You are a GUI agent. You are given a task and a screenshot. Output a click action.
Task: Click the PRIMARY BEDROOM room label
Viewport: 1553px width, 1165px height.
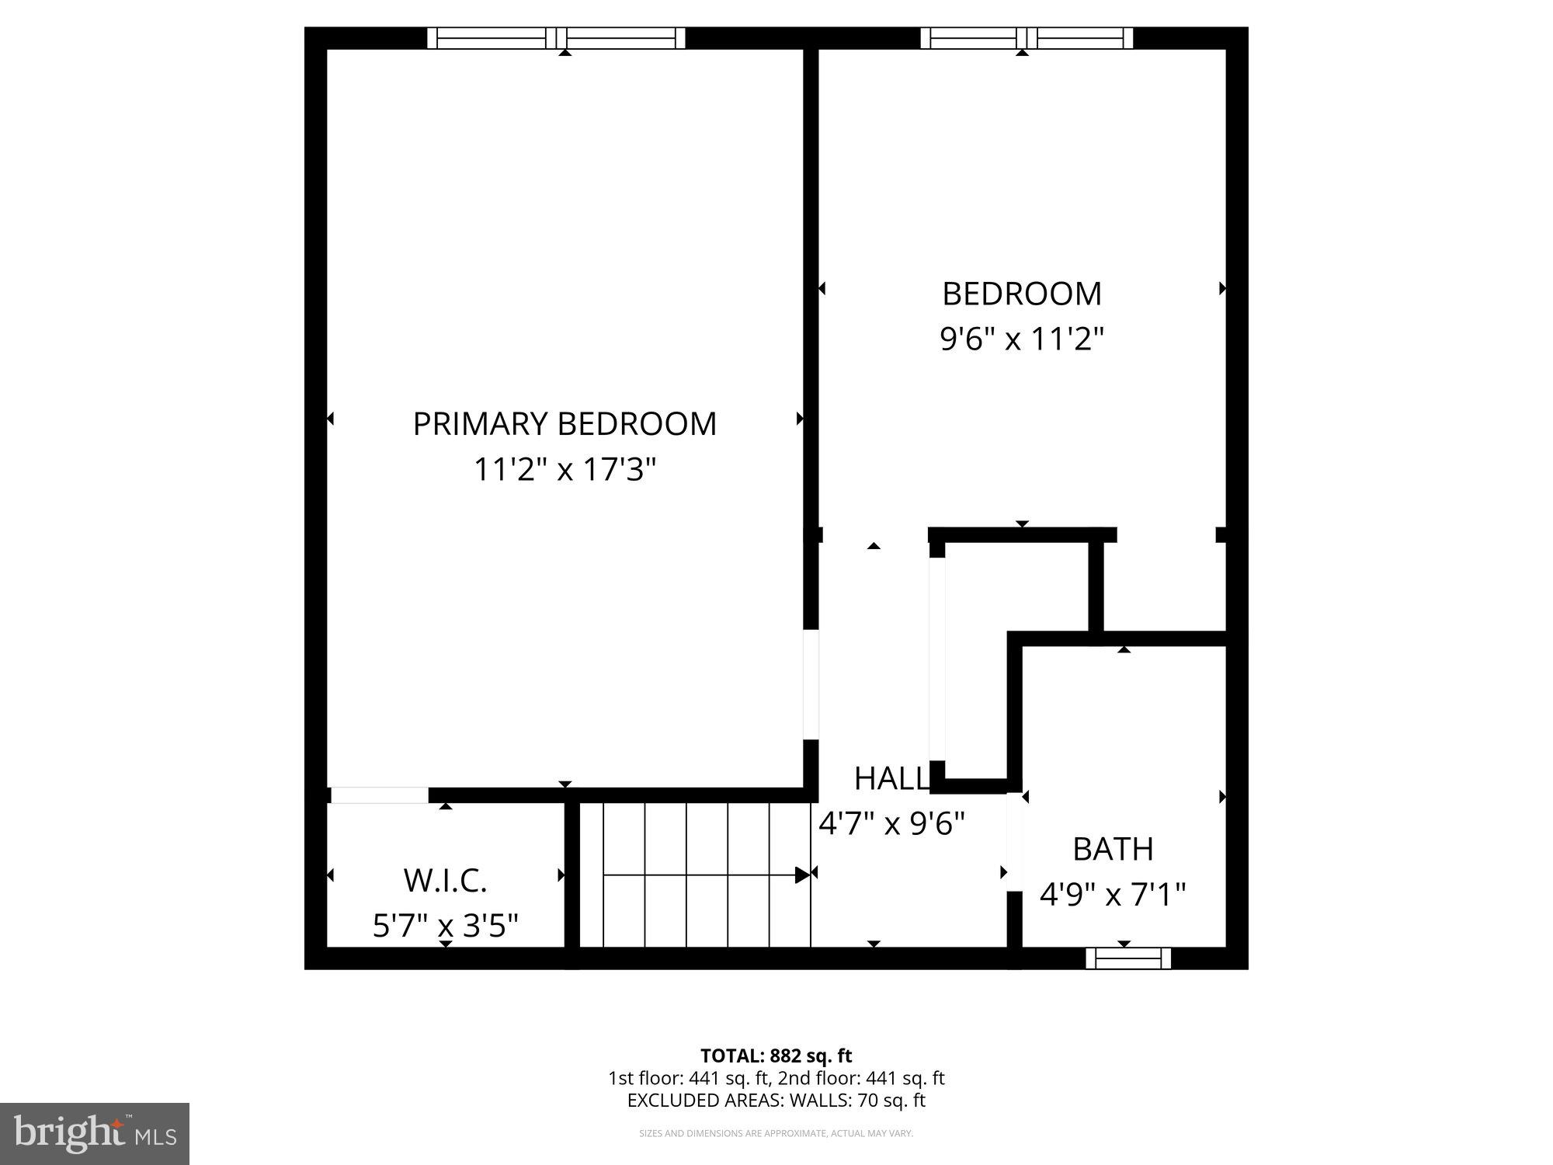(565, 424)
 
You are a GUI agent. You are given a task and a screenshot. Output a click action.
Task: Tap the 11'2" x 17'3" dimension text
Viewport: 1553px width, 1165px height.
(565, 470)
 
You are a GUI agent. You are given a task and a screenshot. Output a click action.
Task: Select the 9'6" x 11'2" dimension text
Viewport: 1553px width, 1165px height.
(1022, 339)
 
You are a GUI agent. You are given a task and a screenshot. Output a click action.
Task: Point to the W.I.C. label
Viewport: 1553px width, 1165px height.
(445, 881)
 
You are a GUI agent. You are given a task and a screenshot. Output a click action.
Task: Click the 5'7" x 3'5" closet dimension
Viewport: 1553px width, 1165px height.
(445, 926)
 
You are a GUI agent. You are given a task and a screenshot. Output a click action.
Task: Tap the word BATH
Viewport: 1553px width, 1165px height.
(1113, 850)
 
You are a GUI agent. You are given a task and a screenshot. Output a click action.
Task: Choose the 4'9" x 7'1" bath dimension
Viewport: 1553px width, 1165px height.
(1113, 895)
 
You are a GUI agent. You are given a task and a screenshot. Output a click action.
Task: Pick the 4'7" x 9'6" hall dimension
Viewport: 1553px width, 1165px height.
(891, 823)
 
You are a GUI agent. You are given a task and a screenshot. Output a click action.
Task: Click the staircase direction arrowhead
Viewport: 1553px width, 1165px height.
(802, 875)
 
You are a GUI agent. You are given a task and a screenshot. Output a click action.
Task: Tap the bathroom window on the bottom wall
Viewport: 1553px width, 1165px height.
(1127, 959)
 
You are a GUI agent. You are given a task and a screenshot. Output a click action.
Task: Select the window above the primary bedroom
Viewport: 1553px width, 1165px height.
(556, 38)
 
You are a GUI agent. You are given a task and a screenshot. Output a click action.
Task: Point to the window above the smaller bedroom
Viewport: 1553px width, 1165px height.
(1027, 38)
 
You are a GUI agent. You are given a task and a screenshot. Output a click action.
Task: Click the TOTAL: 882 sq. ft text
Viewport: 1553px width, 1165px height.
(776, 1056)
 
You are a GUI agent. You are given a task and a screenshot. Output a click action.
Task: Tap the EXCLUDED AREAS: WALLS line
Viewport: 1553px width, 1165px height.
(776, 1101)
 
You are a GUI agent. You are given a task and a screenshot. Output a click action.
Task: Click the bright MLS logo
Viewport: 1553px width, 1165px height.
(95, 1134)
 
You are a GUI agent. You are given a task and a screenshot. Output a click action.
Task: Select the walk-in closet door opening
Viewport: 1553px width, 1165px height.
(379, 795)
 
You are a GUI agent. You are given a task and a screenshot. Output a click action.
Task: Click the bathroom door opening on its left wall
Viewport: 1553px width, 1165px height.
(1014, 842)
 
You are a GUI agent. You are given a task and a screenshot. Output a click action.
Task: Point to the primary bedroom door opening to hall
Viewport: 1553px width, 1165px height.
(811, 684)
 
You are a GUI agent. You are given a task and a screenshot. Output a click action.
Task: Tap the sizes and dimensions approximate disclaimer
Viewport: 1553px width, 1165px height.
(776, 1134)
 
